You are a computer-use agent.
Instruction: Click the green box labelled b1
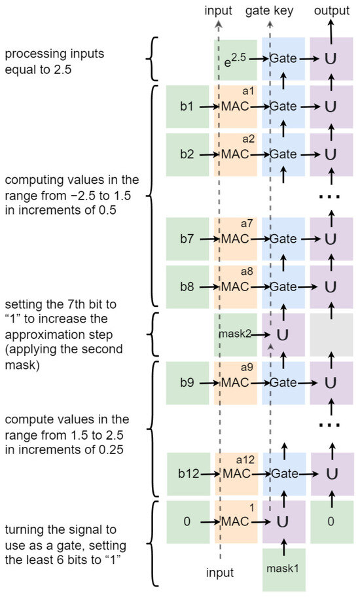(x=187, y=106)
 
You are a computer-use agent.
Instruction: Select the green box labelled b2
(x=187, y=154)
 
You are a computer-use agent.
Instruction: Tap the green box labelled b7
(x=187, y=239)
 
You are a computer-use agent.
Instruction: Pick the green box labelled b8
(x=187, y=287)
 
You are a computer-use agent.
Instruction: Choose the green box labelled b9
(x=187, y=381)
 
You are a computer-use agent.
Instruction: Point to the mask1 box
(x=283, y=568)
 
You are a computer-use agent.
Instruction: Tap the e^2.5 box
(x=234, y=60)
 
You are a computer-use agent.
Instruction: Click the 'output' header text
(x=331, y=11)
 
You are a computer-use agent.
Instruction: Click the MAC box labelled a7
(x=235, y=239)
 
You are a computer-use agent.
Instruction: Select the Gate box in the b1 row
(x=283, y=106)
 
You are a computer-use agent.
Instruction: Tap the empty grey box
(x=331, y=334)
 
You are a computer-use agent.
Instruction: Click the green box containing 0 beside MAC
(x=187, y=521)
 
